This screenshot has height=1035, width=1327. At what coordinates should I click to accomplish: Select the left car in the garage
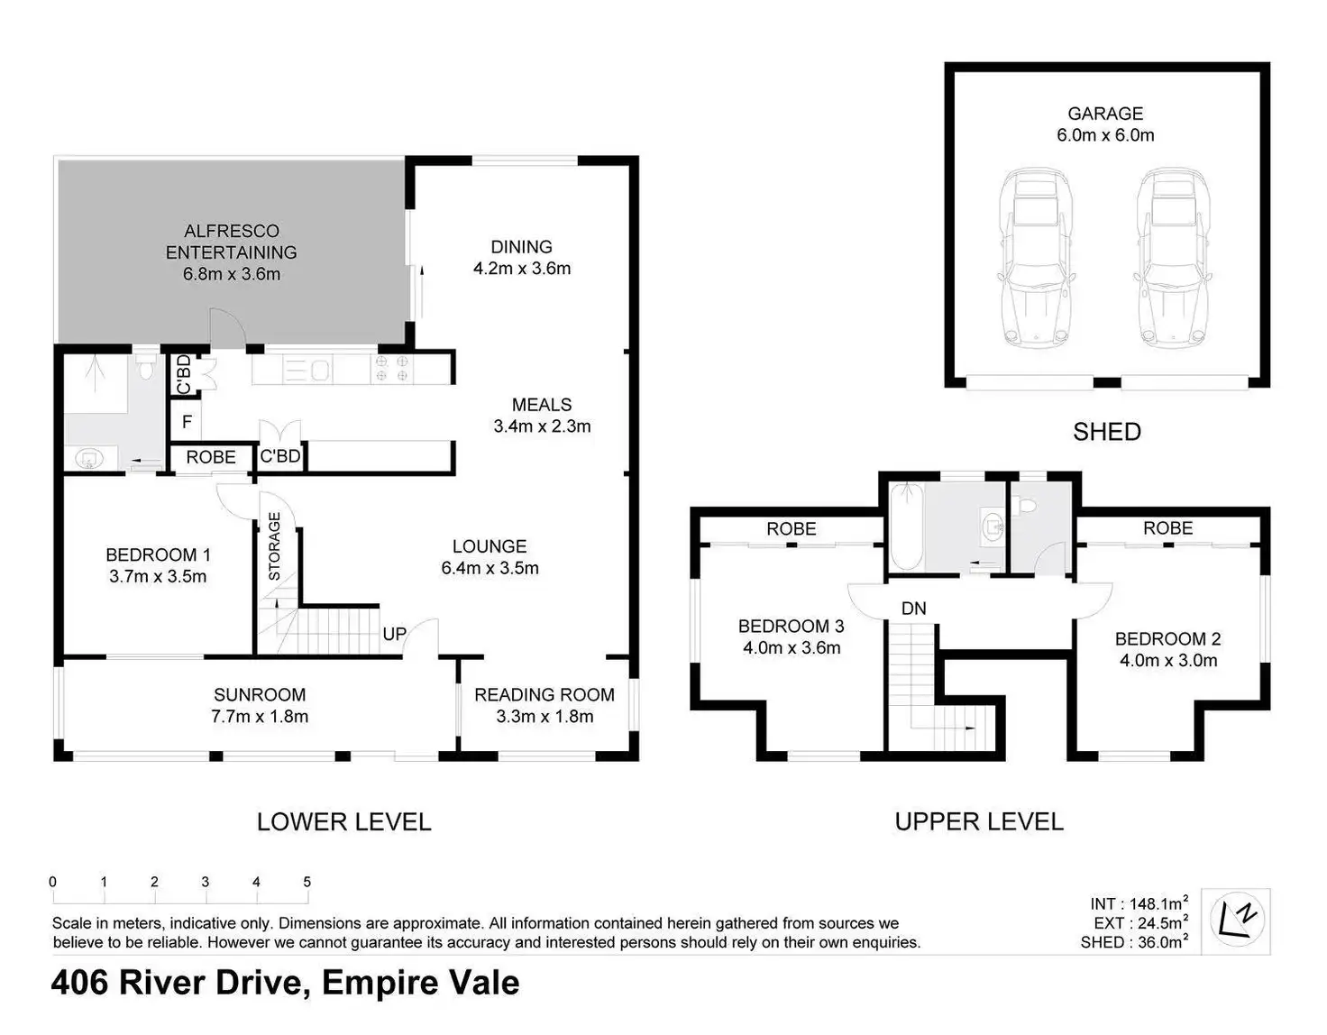[1036, 258]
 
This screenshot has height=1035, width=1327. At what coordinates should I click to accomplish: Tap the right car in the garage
[1173, 258]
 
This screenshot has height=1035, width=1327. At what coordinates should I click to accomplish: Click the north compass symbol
[1237, 921]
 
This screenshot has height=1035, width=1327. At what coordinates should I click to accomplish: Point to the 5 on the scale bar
[307, 882]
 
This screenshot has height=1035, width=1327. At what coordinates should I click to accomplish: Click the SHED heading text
[1106, 433]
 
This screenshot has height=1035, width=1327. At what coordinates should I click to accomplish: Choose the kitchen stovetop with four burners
[391, 369]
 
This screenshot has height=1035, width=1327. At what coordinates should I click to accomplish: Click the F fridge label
[187, 421]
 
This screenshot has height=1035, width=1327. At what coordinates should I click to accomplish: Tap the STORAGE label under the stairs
[274, 546]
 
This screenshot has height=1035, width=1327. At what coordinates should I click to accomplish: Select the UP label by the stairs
[394, 634]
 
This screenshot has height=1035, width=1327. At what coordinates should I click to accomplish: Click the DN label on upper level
[913, 609]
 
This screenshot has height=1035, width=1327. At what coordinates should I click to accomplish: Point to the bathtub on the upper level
[907, 527]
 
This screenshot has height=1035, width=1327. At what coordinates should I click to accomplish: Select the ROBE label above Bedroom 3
[791, 529]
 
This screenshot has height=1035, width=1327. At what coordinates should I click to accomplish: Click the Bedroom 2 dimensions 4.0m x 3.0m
[1168, 660]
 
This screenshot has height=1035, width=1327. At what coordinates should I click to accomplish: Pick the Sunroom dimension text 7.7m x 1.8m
[260, 716]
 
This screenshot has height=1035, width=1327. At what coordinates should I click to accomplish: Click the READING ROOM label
[545, 695]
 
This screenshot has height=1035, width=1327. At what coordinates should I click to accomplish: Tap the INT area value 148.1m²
[1158, 903]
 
